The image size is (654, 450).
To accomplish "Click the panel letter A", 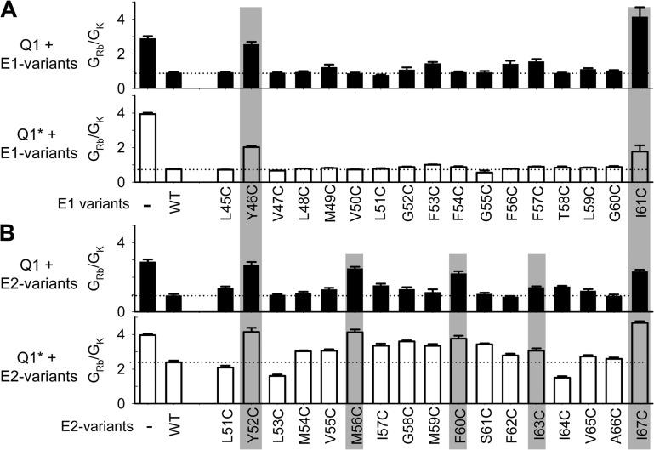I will coord(8,9).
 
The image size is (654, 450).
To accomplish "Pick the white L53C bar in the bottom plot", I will coord(277,390).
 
